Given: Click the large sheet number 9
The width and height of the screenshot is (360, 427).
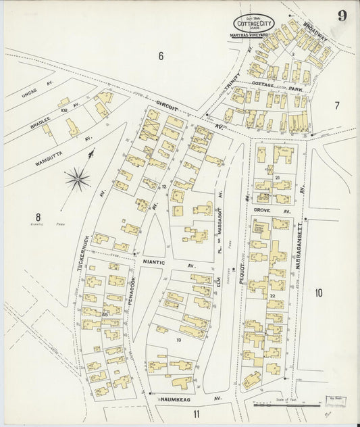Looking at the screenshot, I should coord(342,16).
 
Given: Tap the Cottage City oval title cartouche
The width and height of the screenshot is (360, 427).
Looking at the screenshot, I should coord(254,23).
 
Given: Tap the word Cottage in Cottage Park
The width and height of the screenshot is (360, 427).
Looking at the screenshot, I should coord(263,84).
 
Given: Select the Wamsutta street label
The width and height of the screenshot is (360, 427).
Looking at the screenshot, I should coord(50,153).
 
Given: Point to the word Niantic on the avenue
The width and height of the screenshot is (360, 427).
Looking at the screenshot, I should coord(155,259).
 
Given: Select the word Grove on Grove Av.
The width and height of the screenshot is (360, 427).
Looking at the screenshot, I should coord(261,211).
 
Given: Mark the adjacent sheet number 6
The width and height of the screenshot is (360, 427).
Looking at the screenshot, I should coord(161,55).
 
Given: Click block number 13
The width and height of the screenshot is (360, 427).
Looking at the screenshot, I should coord(178,340).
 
